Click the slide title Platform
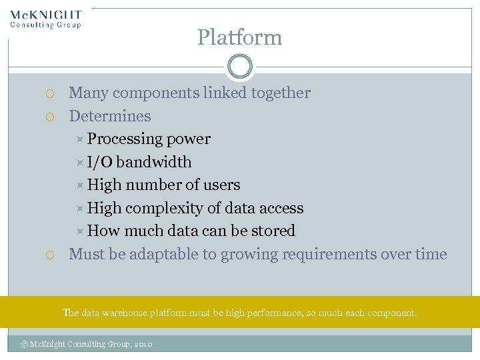coord(239,37)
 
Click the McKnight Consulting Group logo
coord(46,19)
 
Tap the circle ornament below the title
coord(239,67)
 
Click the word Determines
coord(110,116)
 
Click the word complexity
coord(164,208)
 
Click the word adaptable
coord(160,254)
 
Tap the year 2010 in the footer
coord(143,344)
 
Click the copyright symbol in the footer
coord(25,344)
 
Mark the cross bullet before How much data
coord(79,231)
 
